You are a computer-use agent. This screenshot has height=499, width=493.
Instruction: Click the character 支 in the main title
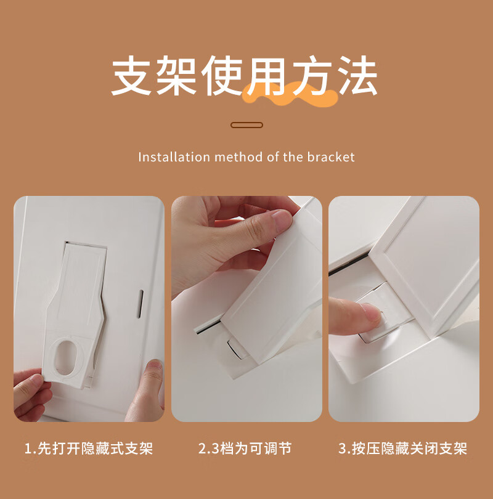point(131,75)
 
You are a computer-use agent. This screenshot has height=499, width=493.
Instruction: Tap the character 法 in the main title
point(358,75)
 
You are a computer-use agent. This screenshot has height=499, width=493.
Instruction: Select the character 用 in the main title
point(267,75)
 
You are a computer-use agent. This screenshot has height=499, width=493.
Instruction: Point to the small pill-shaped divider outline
point(246,125)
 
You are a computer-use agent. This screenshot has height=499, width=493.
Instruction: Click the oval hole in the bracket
point(67,357)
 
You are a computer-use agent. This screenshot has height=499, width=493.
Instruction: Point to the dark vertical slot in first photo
point(141,304)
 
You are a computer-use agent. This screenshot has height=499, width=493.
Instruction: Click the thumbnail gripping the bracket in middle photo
point(282,219)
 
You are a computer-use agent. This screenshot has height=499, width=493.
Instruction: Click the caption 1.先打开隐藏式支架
point(89,448)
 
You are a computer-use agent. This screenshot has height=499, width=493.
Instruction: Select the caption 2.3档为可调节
point(245,448)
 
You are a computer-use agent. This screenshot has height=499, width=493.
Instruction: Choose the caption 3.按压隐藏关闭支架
point(402,448)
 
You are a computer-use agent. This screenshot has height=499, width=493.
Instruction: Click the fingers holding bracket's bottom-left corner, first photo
point(31,395)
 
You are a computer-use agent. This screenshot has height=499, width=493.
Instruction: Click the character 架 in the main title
point(176,75)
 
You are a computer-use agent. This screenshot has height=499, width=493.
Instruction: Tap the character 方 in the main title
point(312,75)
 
